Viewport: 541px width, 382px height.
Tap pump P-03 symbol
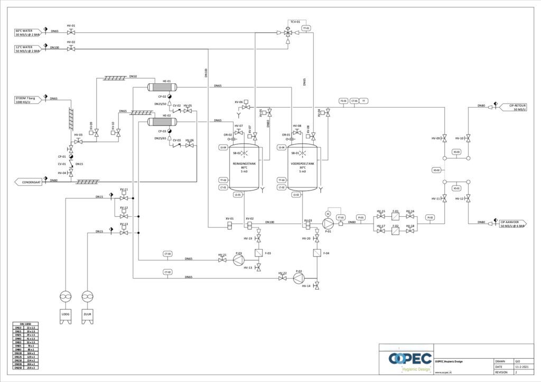coord(238,260)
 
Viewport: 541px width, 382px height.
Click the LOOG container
coord(66,314)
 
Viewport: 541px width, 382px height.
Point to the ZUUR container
coord(88,314)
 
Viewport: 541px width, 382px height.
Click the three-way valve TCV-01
coord(287,33)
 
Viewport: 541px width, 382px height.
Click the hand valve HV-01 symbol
coord(71,32)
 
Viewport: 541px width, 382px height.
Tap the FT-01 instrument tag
coord(341,217)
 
